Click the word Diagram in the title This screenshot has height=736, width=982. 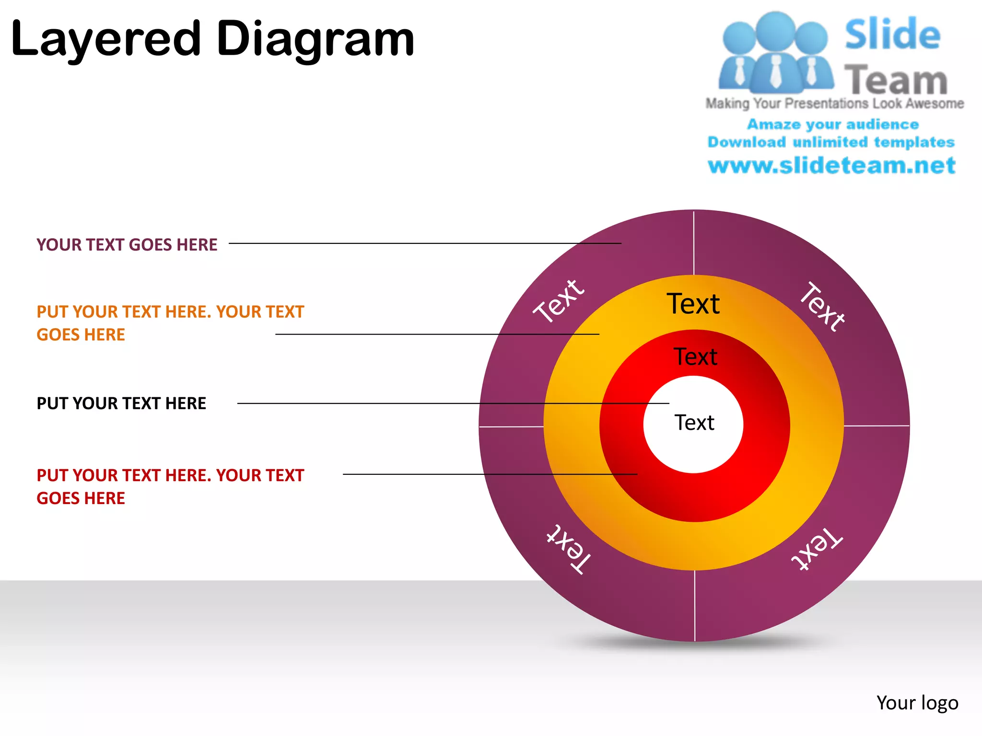coord(315,39)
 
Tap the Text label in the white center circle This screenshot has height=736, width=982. coord(694,423)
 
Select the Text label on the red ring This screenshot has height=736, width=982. coord(695,357)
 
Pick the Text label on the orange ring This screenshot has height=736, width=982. coord(693,304)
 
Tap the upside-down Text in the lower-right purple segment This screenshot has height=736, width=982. coord(817,549)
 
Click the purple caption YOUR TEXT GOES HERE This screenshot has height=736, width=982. coord(127,245)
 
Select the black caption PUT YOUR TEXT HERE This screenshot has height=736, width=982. coord(121,403)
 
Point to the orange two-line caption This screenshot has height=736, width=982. coord(170,323)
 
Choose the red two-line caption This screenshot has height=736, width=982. coord(170,487)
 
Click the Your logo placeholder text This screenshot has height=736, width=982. coord(917,703)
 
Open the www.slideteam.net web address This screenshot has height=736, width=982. coord(832,166)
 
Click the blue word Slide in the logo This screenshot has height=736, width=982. coord(892,34)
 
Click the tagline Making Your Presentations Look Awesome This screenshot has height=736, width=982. coord(834,103)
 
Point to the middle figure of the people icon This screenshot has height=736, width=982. coord(775,53)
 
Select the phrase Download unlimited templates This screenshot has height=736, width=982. coord(831,142)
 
